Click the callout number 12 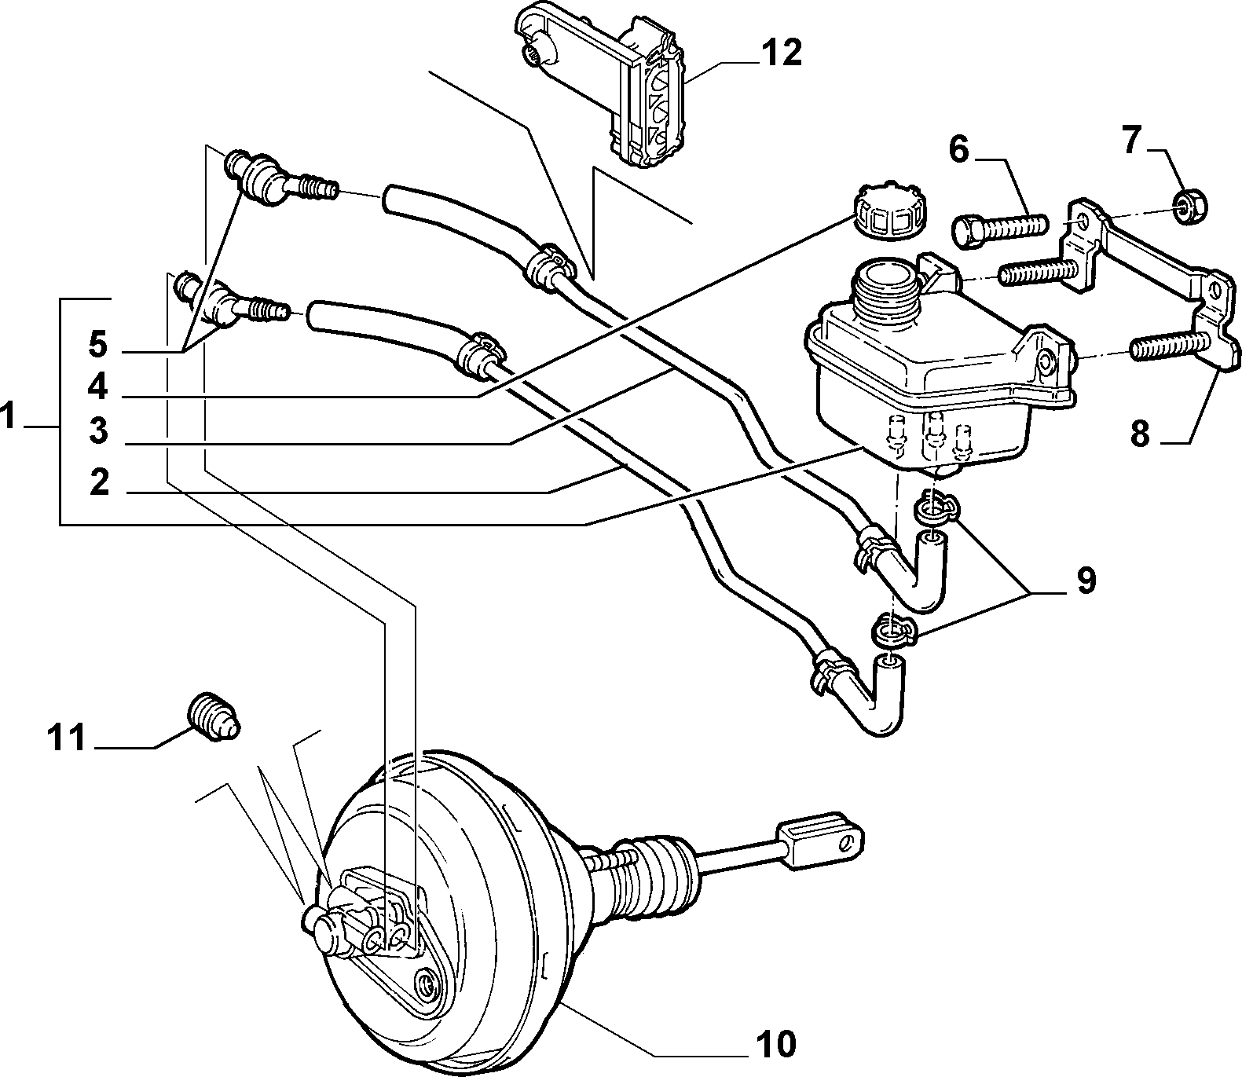[782, 53]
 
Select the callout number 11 [68, 738]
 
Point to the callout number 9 [1085, 581]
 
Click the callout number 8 [1139, 434]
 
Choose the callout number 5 [97, 345]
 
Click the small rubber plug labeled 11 [215, 718]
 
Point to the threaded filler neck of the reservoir [886, 291]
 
